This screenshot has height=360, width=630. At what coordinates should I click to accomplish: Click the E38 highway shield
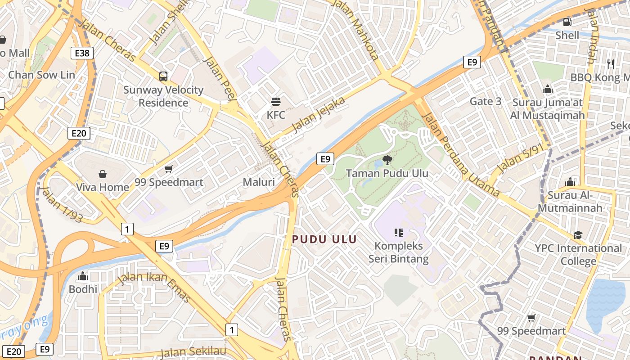tap(82, 53)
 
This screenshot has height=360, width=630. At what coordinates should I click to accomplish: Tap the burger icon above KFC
tap(275, 102)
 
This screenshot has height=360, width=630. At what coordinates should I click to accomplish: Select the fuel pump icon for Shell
tap(567, 22)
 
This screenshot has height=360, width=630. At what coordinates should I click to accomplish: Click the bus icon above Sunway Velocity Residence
tap(163, 76)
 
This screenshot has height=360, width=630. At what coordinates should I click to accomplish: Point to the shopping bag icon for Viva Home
tap(103, 174)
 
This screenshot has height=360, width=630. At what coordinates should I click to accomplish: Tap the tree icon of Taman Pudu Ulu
tap(387, 160)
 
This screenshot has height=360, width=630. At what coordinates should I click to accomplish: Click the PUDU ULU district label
tap(324, 239)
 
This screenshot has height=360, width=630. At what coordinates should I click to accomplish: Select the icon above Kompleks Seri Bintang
tap(398, 233)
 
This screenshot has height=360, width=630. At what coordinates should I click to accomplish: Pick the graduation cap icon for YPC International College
tap(578, 235)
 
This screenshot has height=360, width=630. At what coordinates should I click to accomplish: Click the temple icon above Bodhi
tap(83, 276)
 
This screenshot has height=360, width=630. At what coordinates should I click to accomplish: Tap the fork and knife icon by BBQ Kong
tap(611, 64)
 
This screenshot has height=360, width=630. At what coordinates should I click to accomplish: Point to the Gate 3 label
tap(485, 101)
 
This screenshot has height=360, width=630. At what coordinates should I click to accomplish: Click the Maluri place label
tap(259, 182)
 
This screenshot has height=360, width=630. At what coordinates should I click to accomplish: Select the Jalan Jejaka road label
tap(319, 114)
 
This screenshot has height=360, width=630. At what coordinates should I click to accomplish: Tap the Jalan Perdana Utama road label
tap(461, 153)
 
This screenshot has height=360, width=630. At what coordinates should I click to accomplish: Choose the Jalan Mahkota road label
tap(355, 30)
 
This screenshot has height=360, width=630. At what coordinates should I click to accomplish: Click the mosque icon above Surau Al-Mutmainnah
tap(570, 182)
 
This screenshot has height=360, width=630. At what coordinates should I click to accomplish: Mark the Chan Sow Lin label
tap(41, 75)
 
